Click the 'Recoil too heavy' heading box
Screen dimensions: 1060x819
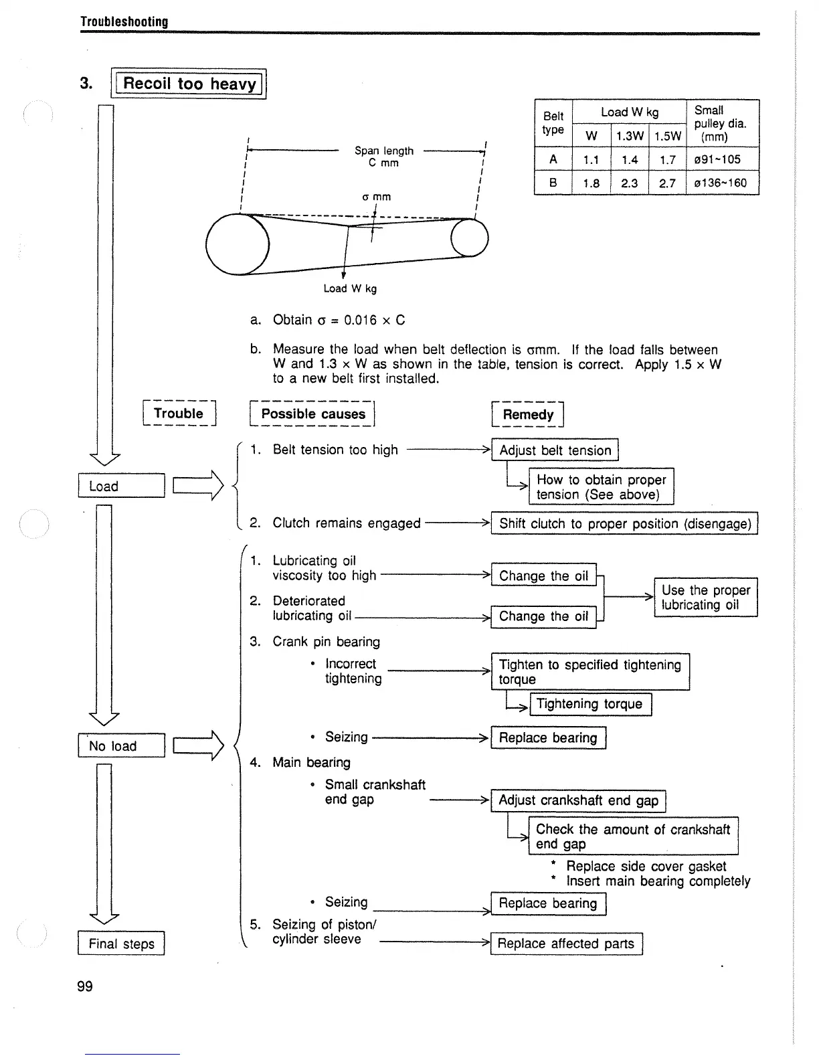189,84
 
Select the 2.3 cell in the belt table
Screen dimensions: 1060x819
629,183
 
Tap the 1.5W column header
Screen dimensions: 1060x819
667,137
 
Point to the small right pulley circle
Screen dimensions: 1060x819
470,238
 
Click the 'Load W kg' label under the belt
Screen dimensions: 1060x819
350,288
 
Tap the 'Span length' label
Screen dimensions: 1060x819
384,151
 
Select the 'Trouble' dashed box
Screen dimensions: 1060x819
179,414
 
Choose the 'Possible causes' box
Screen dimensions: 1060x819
313,414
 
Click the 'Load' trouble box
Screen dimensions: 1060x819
121,486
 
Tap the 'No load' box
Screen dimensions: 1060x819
121,745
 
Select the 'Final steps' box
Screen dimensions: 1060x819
121,944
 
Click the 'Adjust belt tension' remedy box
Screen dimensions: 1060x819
555,450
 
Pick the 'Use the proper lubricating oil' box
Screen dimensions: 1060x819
705,597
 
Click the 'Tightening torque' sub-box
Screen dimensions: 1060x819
589,704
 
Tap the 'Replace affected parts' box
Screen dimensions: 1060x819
566,944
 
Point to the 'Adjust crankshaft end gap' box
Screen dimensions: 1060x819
578,800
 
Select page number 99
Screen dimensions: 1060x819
85,986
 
